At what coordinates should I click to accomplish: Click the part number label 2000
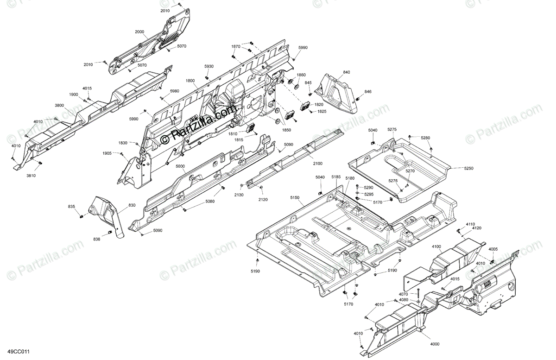139,32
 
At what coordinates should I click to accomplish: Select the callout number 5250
469,169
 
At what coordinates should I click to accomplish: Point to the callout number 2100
317,164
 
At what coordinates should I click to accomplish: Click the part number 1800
190,81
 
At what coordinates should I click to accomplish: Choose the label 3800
59,106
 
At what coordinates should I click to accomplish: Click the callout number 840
347,73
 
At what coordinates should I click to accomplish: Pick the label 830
119,205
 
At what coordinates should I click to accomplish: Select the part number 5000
180,166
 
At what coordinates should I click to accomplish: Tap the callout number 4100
436,246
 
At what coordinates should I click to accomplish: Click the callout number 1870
236,47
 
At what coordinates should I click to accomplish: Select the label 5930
209,67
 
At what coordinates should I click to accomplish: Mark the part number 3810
31,176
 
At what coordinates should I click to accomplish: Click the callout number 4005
493,249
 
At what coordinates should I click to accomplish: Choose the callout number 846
368,92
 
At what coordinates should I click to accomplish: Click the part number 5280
425,138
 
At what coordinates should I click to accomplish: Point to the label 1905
107,153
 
